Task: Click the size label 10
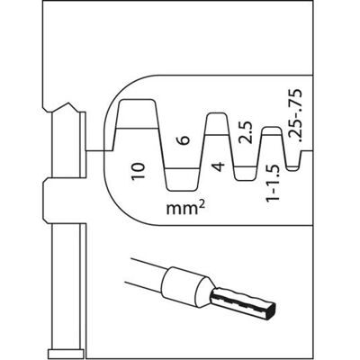pos(139,171)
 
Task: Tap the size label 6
pos(185,140)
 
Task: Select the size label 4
pos(220,166)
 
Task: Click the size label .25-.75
pos(295,115)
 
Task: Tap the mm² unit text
pos(186,208)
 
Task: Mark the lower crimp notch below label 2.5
pos(246,174)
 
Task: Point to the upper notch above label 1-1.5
pos(272,131)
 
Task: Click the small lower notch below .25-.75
pos(293,168)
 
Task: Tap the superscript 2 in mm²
pos(202,204)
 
